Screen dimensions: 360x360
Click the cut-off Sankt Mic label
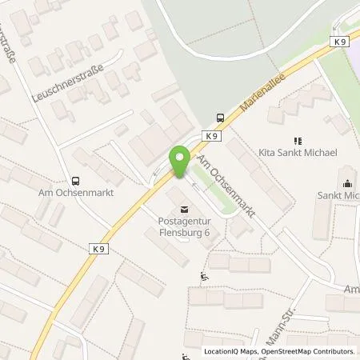coord(340,194)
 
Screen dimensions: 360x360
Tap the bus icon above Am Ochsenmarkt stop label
coord(76,181)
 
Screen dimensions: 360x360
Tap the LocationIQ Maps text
coord(232,351)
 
